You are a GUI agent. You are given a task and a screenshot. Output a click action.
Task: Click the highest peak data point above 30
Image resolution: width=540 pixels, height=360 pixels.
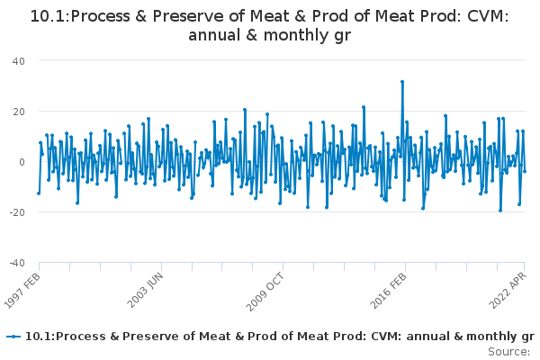(402, 82)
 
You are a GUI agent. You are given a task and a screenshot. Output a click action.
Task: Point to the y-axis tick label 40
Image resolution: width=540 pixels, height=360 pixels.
(19, 61)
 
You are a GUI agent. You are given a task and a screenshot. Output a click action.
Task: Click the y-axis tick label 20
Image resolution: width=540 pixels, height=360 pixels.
(19, 112)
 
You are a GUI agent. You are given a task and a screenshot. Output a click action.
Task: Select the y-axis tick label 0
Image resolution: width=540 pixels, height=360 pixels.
(22, 162)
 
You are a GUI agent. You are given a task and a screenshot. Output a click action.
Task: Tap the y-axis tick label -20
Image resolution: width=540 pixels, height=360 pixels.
(17, 212)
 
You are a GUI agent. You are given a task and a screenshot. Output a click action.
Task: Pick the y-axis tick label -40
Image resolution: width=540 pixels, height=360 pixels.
(17, 263)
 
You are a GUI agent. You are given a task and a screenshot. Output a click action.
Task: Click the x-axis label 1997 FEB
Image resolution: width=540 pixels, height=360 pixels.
(22, 291)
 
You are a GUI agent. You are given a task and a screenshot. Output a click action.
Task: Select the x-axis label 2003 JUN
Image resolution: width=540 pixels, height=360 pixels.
(145, 291)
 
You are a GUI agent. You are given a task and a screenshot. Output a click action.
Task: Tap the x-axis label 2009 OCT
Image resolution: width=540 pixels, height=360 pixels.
(265, 292)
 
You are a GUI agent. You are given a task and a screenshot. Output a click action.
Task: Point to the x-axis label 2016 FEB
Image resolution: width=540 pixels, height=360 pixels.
(388, 291)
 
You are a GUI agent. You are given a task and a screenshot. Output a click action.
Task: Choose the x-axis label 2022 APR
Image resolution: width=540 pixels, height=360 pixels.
(508, 291)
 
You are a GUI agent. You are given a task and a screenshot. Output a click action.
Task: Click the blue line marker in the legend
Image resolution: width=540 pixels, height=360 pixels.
(13, 337)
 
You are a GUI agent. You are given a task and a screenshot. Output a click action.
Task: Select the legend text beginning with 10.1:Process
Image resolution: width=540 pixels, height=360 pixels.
(280, 337)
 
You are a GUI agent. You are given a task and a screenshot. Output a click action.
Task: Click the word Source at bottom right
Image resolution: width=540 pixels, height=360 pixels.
(508, 352)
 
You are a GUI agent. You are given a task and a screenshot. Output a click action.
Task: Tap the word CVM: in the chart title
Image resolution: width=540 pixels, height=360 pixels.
(488, 16)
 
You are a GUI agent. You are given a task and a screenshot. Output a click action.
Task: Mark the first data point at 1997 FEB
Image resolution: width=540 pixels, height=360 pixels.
(39, 193)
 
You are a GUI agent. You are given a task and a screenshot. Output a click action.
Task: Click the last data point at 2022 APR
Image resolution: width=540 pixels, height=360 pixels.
(525, 171)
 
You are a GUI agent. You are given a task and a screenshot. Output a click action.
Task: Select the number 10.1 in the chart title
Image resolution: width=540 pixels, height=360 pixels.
(49, 16)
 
